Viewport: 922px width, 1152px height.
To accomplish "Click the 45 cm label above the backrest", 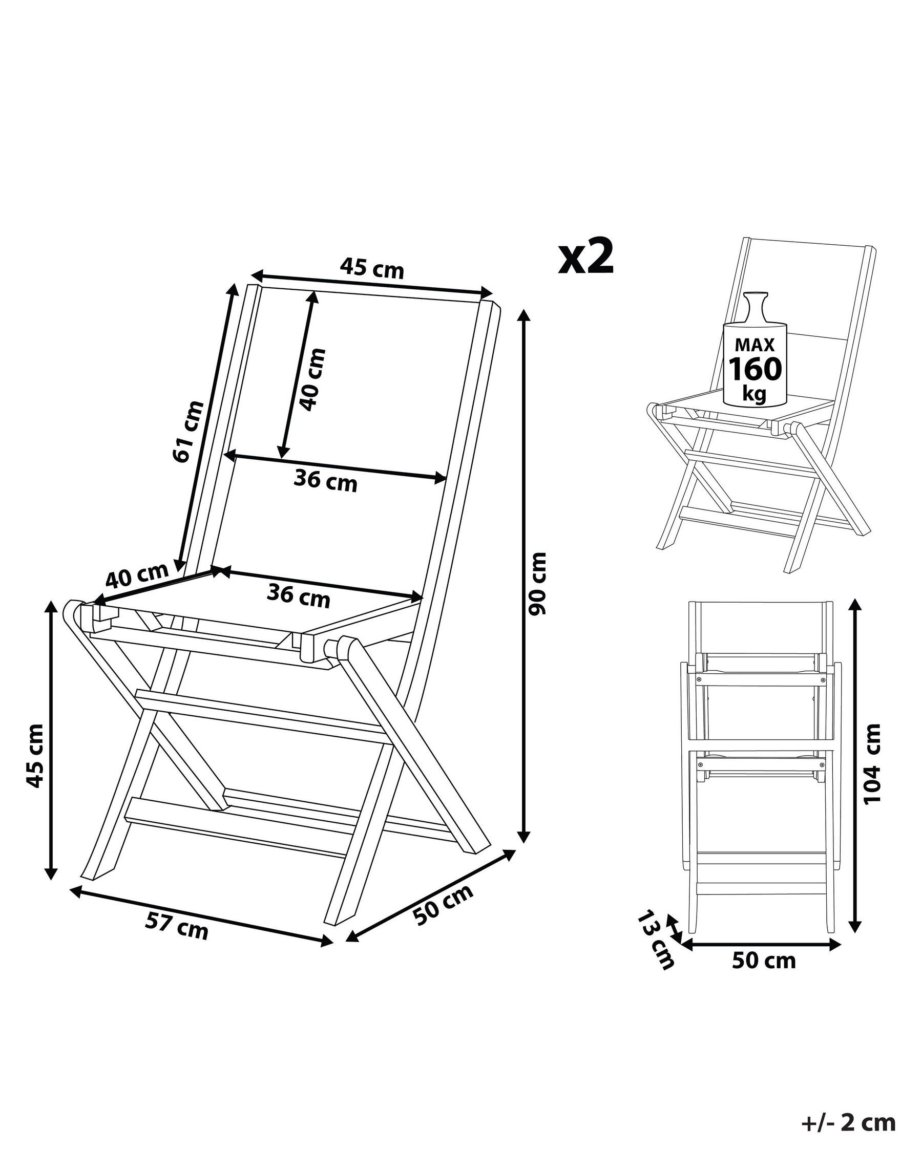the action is click(x=372, y=268).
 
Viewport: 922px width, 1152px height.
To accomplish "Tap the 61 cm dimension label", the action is click(x=188, y=431).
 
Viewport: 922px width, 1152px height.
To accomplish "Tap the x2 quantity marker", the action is click(x=586, y=258).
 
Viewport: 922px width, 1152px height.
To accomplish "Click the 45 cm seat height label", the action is click(x=35, y=756).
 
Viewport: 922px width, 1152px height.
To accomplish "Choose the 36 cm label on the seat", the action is click(x=299, y=596).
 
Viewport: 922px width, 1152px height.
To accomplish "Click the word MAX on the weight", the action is click(x=755, y=345).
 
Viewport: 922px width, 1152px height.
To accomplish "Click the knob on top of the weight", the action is click(x=755, y=306).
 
